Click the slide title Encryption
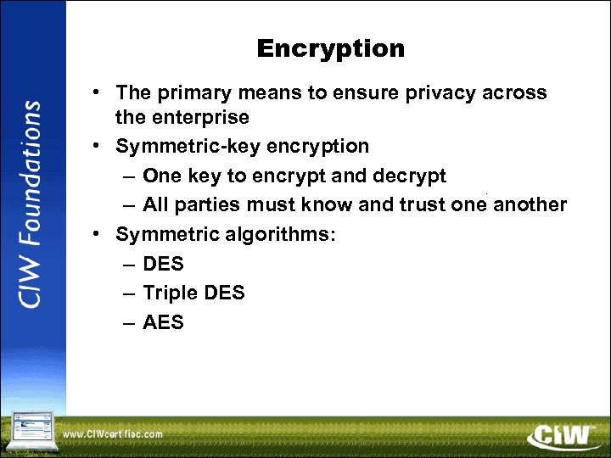coord(330,48)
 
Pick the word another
coord(530,204)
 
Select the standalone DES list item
coord(163,264)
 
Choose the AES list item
coord(163,322)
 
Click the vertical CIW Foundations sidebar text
coord(31,204)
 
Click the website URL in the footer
coord(113,434)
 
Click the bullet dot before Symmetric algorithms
coord(99,233)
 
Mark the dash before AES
coord(127,323)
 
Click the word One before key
coord(161,176)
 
